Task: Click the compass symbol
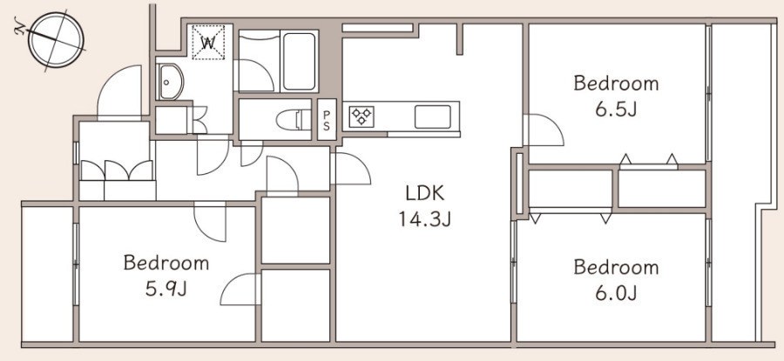click(x=55, y=40)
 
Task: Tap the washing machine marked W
click(x=208, y=43)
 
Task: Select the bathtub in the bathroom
click(x=300, y=61)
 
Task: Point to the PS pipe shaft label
click(x=327, y=120)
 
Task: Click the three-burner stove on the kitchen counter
click(x=362, y=117)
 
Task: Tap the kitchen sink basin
click(x=432, y=117)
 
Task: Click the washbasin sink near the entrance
click(x=171, y=82)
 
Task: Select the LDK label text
click(x=424, y=194)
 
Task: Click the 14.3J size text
click(x=424, y=218)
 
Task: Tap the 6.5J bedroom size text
click(x=616, y=109)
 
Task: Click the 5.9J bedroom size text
click(x=166, y=288)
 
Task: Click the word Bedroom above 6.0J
click(x=616, y=267)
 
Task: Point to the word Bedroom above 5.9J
click(x=166, y=263)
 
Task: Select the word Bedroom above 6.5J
click(x=616, y=83)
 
